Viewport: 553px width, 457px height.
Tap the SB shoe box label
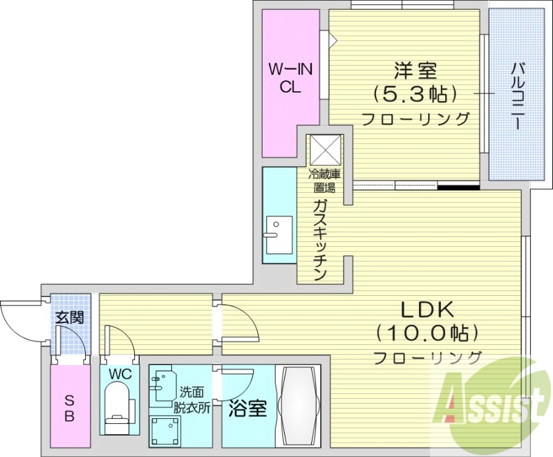pyautogui.click(x=69, y=409)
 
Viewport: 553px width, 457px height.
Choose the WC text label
pyautogui.click(x=120, y=374)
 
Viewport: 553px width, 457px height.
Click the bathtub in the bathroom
pyautogui.click(x=299, y=407)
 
